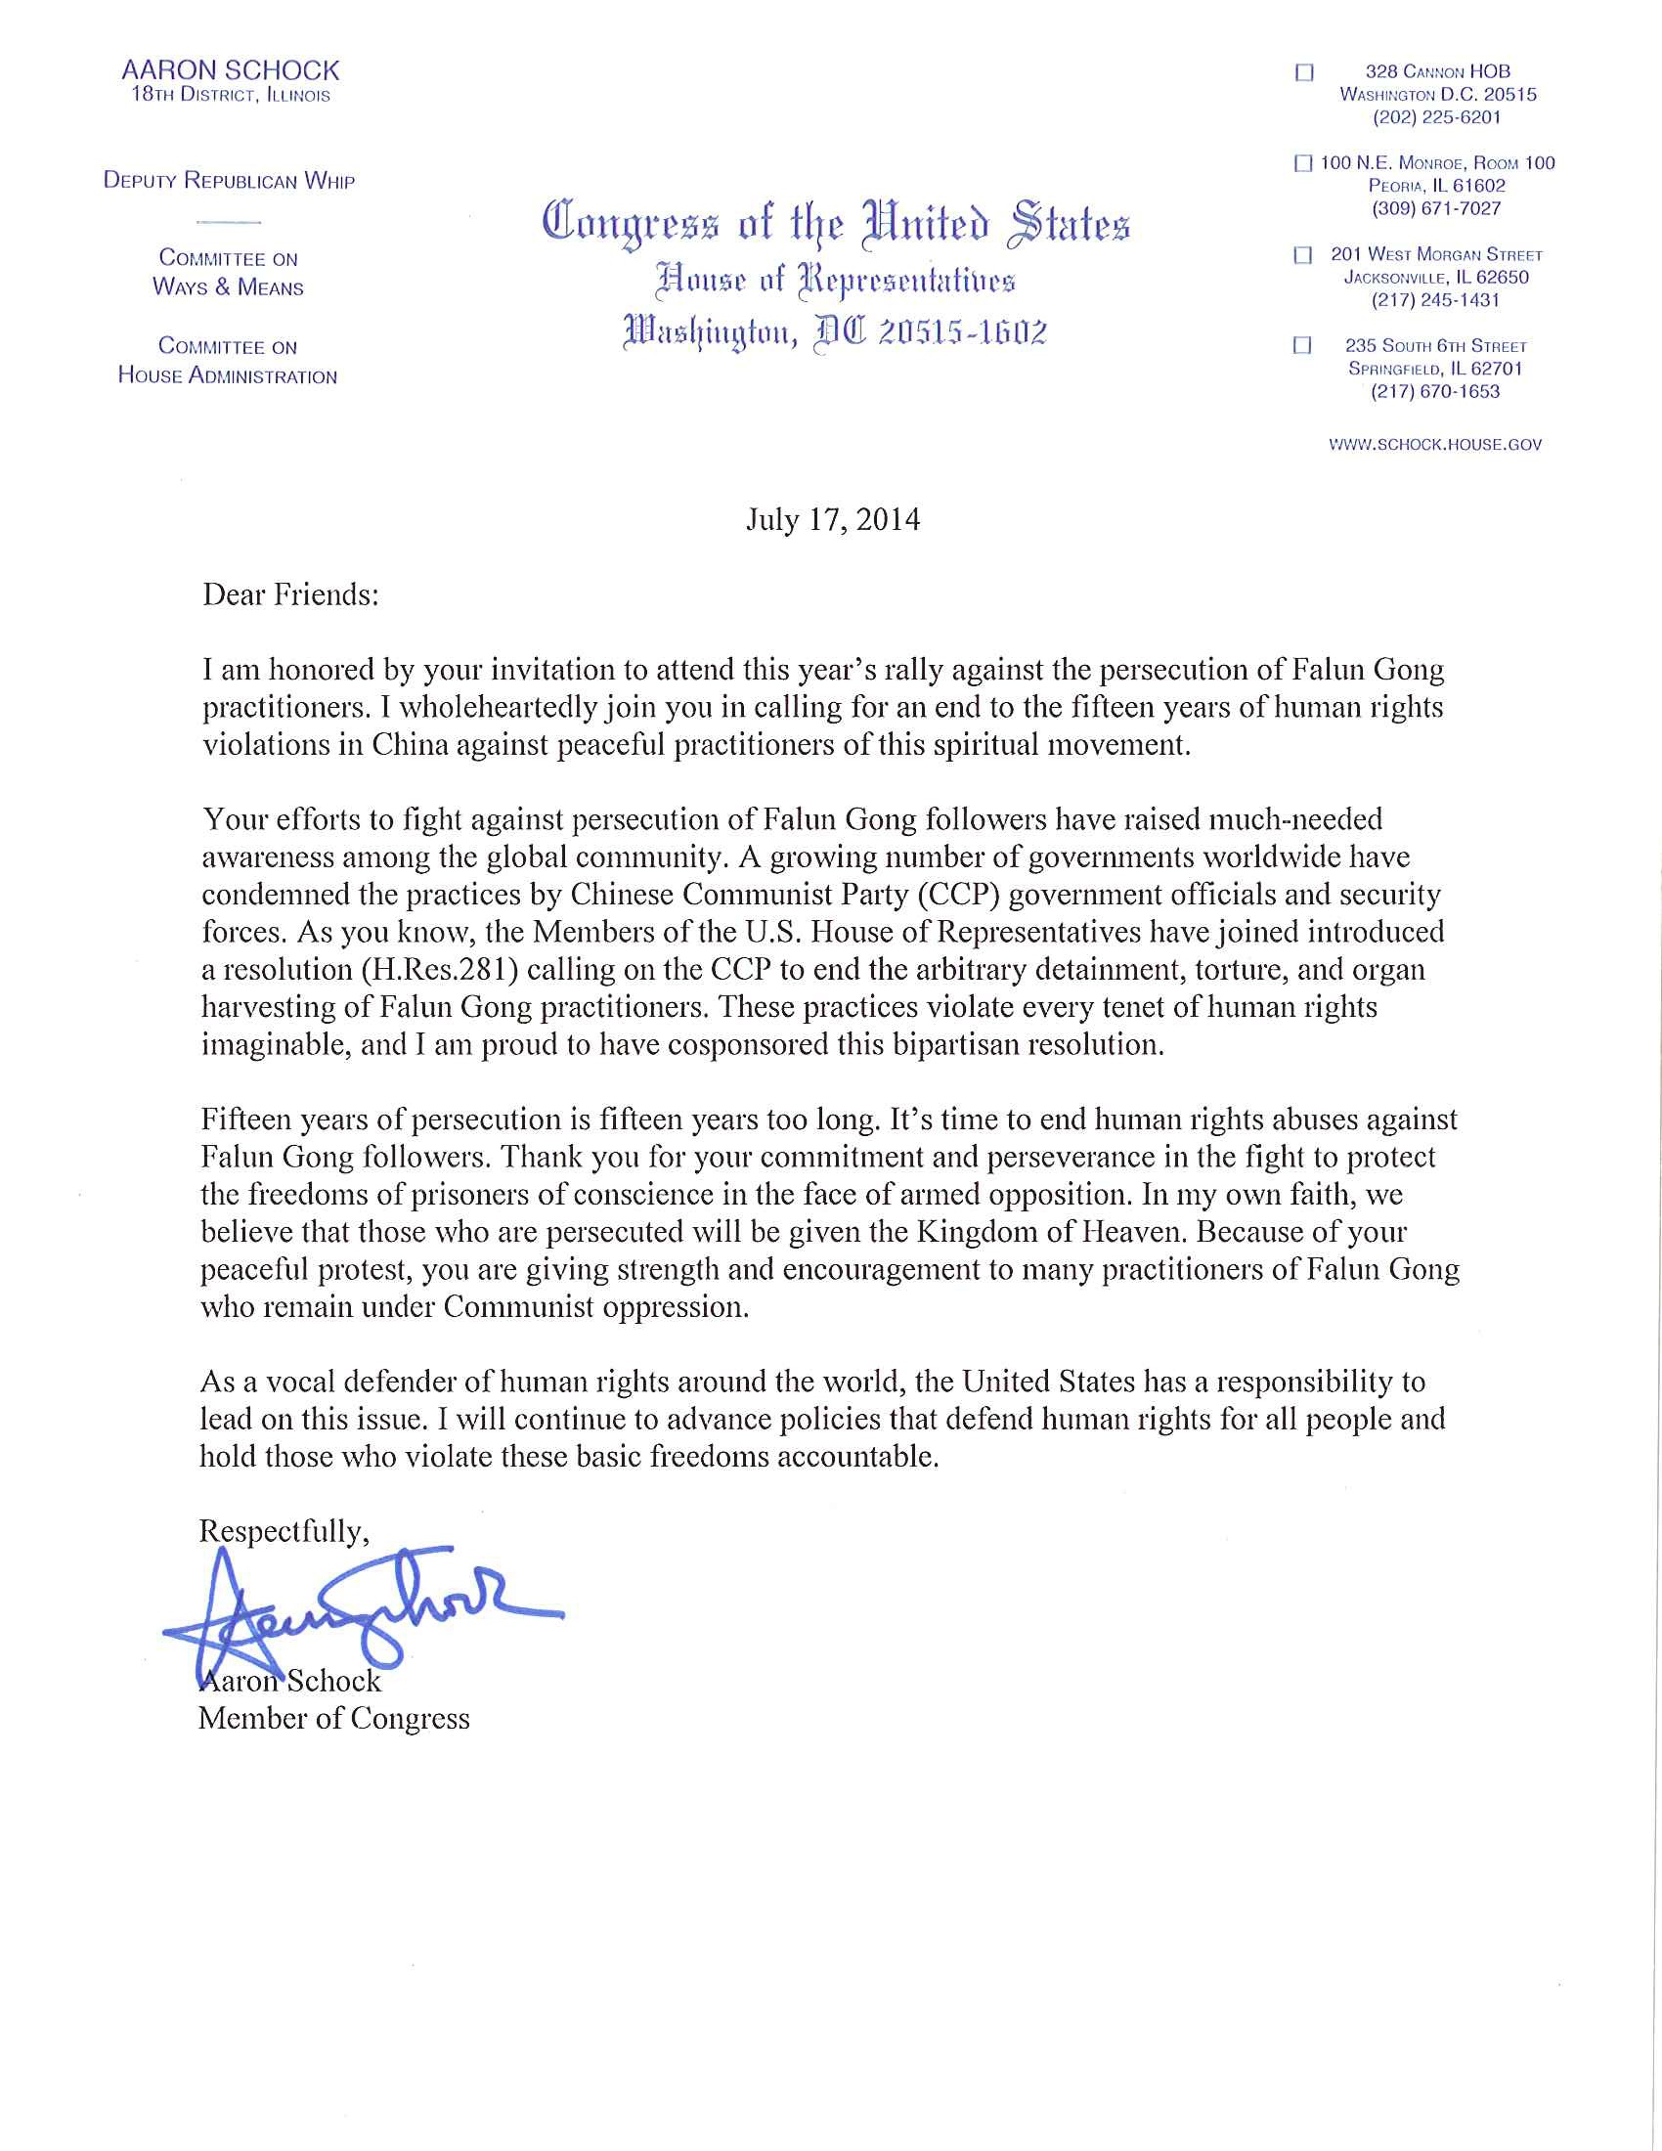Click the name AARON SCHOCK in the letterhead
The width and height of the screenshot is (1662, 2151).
point(230,70)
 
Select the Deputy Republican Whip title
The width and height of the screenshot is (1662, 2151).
point(230,181)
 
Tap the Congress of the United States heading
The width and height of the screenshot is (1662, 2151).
point(836,223)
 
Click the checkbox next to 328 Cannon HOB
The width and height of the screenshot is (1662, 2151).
point(1304,73)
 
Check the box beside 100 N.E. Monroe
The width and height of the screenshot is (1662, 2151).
point(1303,164)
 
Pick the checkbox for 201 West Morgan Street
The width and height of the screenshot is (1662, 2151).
point(1302,256)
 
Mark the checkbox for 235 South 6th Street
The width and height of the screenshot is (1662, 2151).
point(1302,346)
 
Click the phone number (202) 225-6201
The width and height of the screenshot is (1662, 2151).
point(1436,117)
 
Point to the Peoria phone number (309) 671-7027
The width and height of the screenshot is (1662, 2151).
point(1436,209)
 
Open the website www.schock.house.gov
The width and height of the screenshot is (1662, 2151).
point(1435,444)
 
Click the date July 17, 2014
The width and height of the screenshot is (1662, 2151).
point(833,519)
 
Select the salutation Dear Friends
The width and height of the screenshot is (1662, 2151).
point(290,594)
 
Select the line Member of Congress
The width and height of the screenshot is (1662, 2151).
point(333,1719)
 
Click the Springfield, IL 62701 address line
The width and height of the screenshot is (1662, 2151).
point(1435,369)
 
